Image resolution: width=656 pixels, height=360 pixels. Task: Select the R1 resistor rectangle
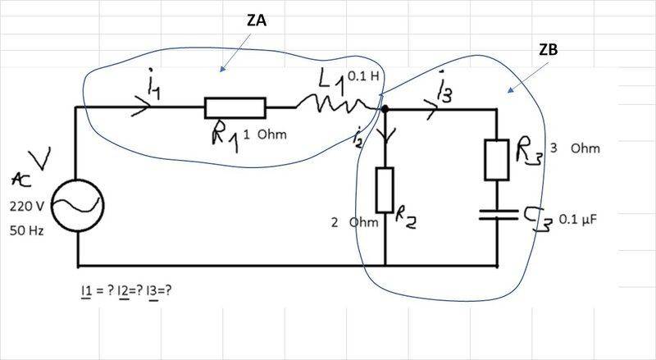point(235,107)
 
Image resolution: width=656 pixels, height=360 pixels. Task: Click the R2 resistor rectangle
point(385,189)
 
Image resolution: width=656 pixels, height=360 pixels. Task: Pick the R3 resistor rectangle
point(498,159)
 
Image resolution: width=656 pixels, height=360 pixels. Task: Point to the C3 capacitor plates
point(498,216)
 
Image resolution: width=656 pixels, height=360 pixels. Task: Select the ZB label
point(549,51)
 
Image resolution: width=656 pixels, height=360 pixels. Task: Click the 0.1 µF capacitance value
point(578,220)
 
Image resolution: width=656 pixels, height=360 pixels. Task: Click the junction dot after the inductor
point(385,108)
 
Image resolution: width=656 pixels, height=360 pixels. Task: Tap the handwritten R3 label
point(529,152)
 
